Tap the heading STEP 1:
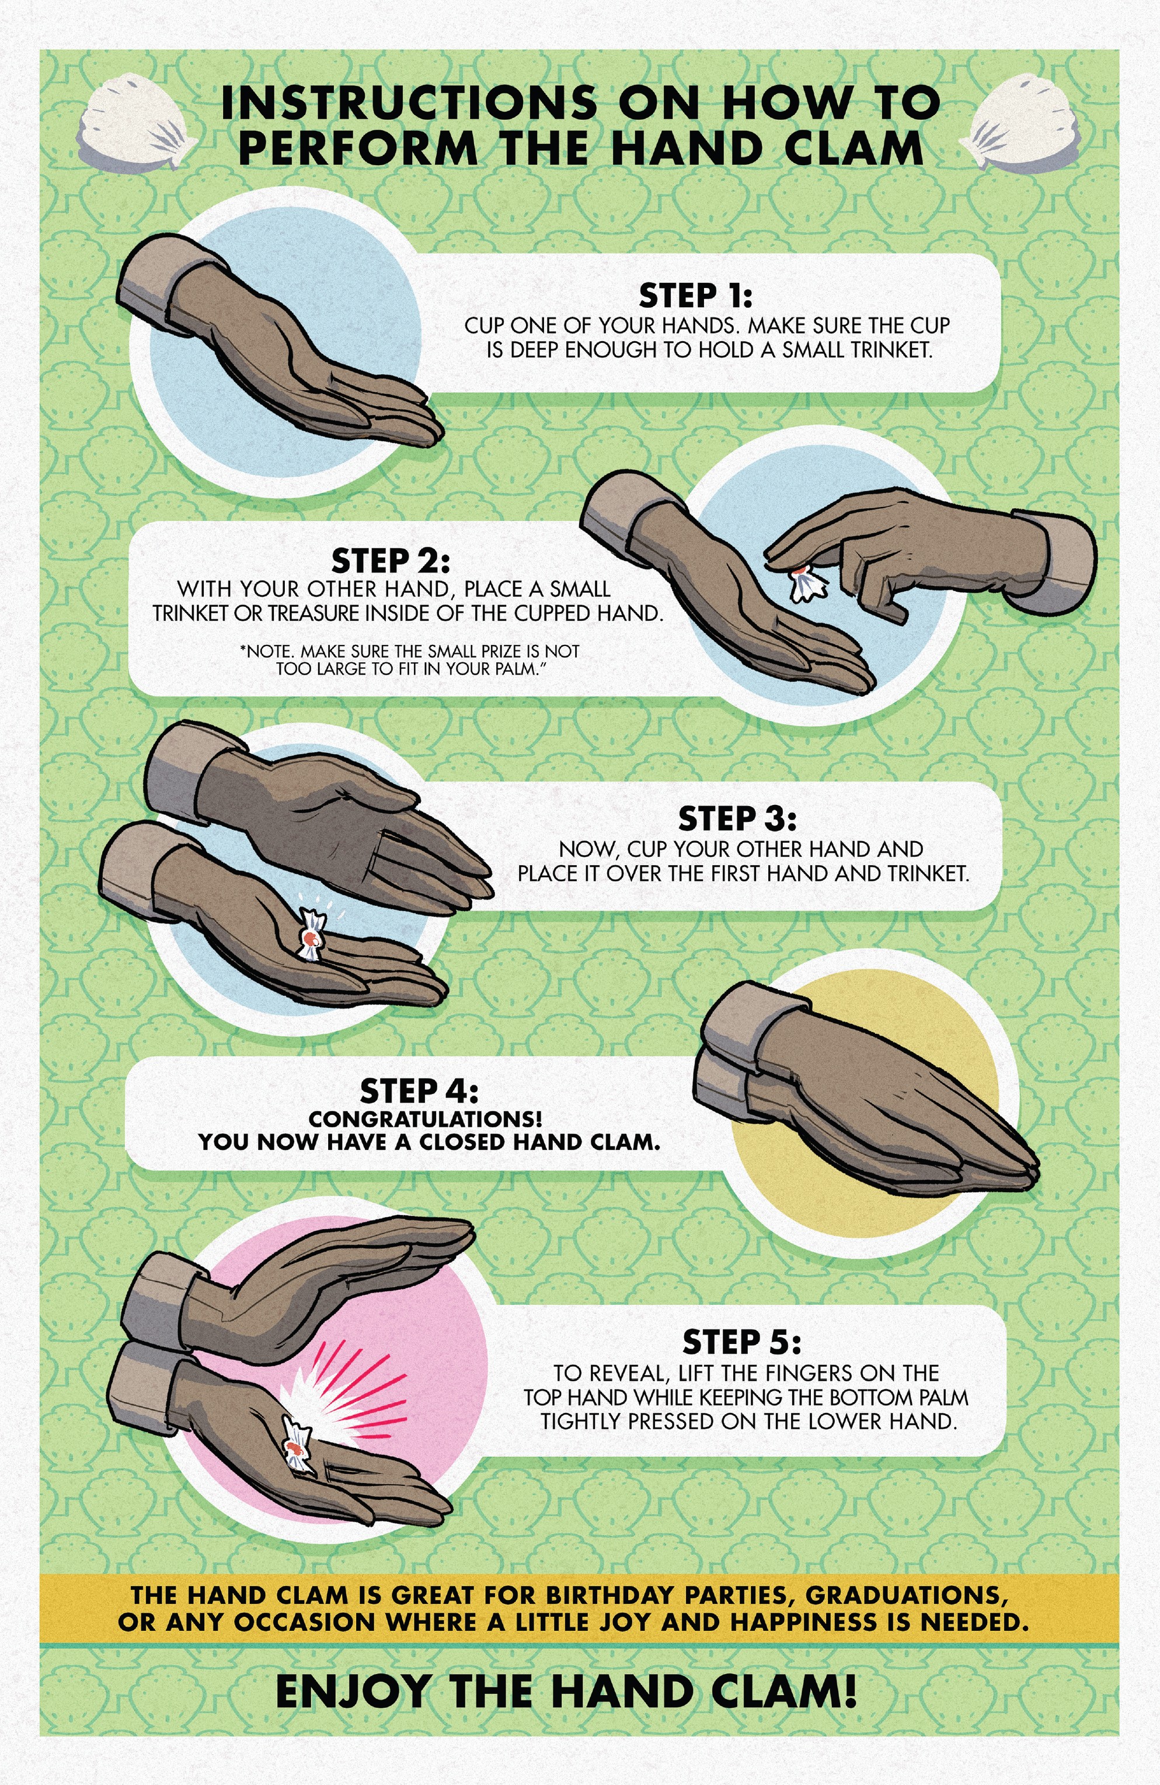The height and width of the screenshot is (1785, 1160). pyautogui.click(x=695, y=296)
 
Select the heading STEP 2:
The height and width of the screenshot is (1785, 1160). pyautogui.click(x=391, y=560)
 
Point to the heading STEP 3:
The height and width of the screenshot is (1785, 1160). pyautogui.click(x=737, y=819)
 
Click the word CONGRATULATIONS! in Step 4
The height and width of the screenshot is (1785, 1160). pyautogui.click(x=425, y=1119)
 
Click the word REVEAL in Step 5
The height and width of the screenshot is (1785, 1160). pyautogui.click(x=628, y=1374)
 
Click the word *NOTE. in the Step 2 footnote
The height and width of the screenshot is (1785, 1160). pyautogui.click(x=266, y=651)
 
